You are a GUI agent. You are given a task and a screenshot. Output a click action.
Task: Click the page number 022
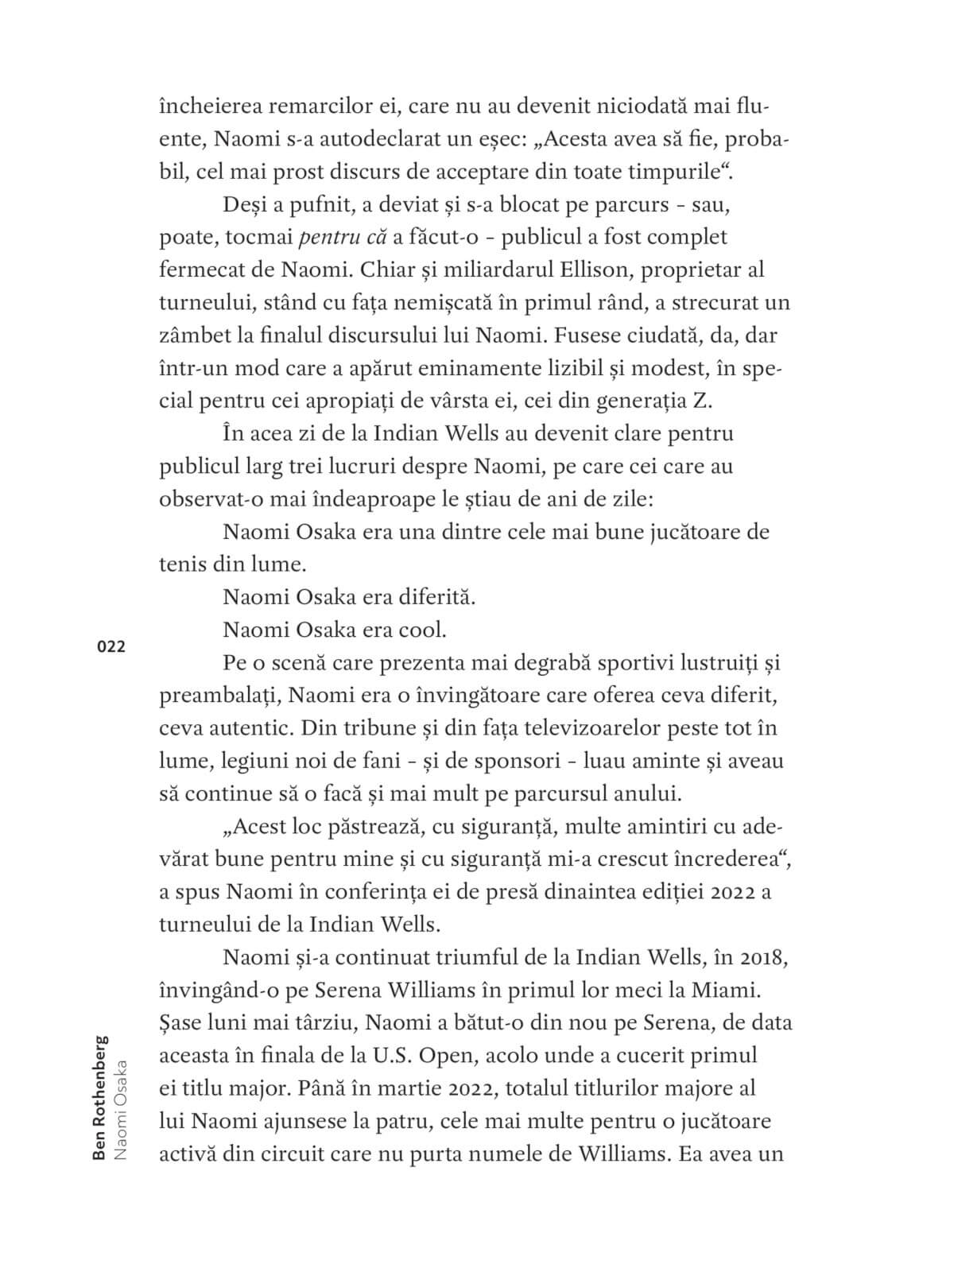click(111, 646)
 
